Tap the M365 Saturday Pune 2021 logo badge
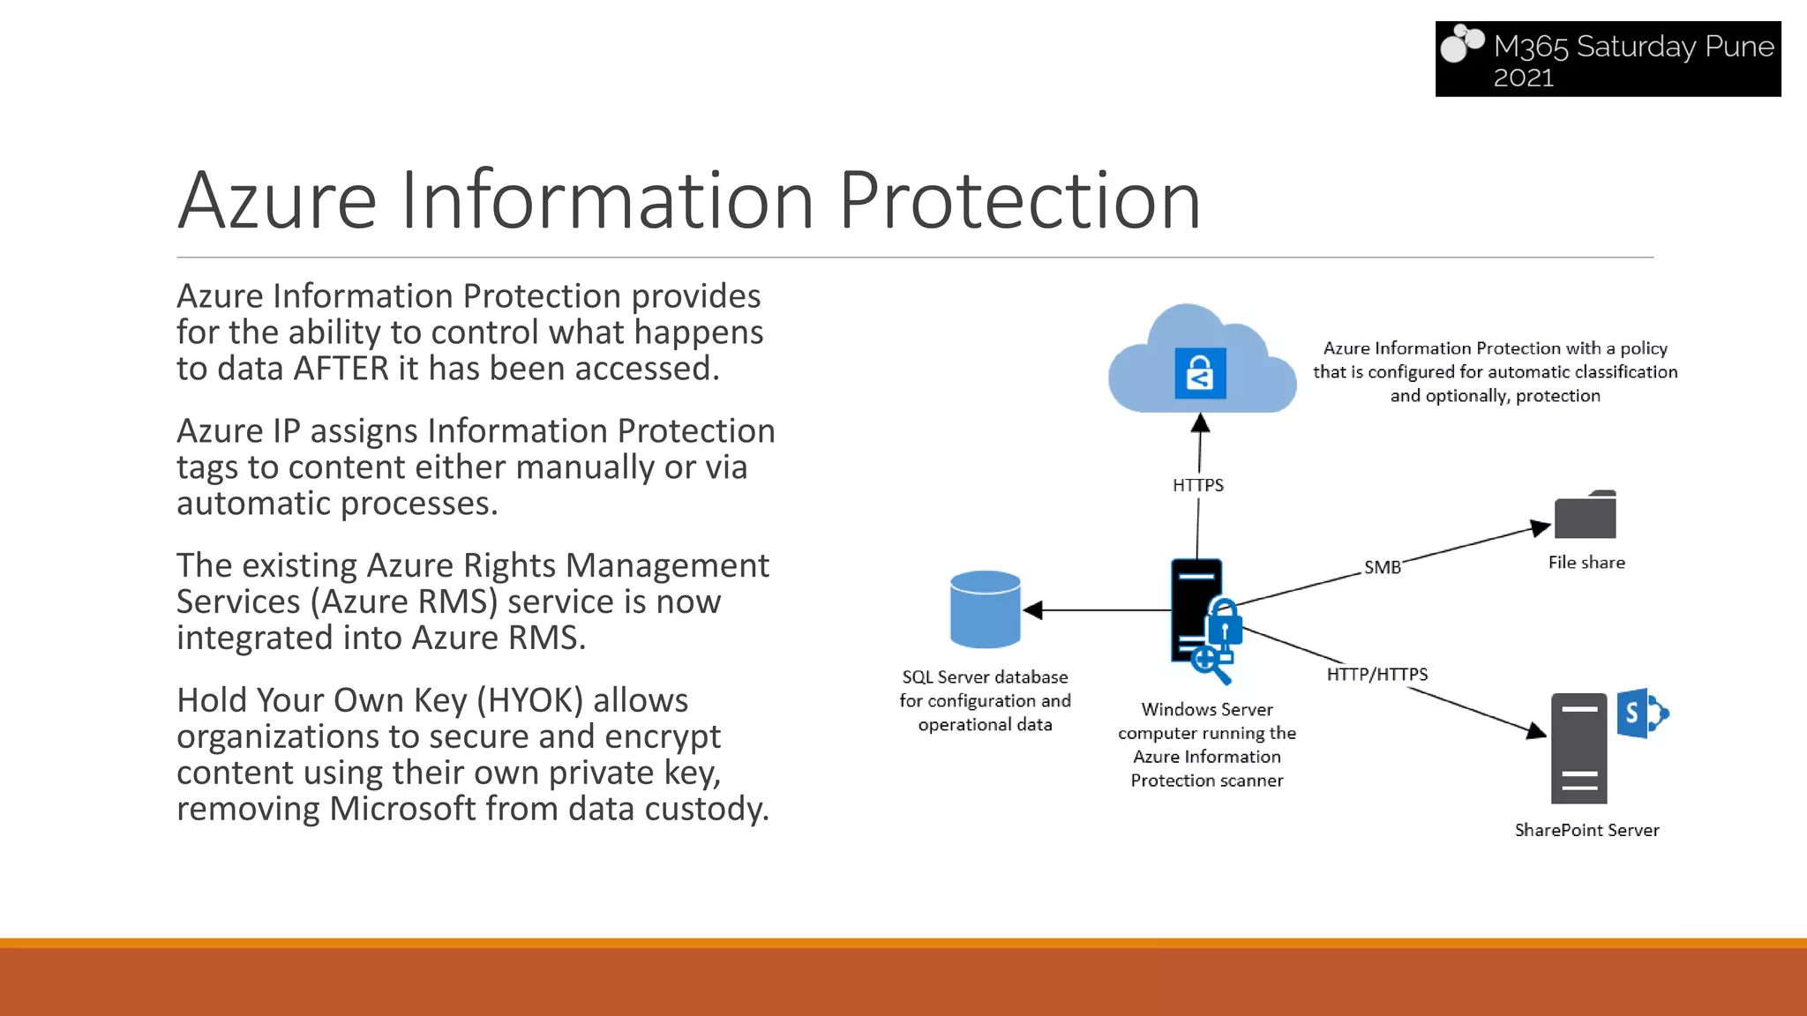1608,59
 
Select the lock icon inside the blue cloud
1200,373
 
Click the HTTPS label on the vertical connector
1197,485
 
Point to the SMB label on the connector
1382,567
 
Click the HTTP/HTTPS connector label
1376,675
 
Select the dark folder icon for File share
1585,515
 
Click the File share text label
1586,563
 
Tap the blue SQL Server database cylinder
985,609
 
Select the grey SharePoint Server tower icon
1578,748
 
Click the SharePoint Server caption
1586,830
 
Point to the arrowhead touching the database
1033,609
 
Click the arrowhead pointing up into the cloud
1200,424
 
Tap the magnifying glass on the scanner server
1210,663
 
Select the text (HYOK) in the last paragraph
530,700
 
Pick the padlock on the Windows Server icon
1224,624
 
